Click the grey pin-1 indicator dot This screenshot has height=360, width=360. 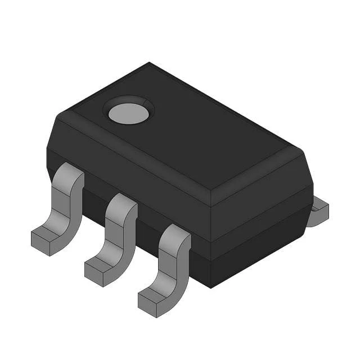point(129,113)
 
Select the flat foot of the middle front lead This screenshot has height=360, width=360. point(103,264)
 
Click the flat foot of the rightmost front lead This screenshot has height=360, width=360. point(157,295)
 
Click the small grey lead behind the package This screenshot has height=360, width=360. point(318,211)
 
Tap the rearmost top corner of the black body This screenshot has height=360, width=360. point(149,63)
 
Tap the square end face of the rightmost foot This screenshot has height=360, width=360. point(147,304)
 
